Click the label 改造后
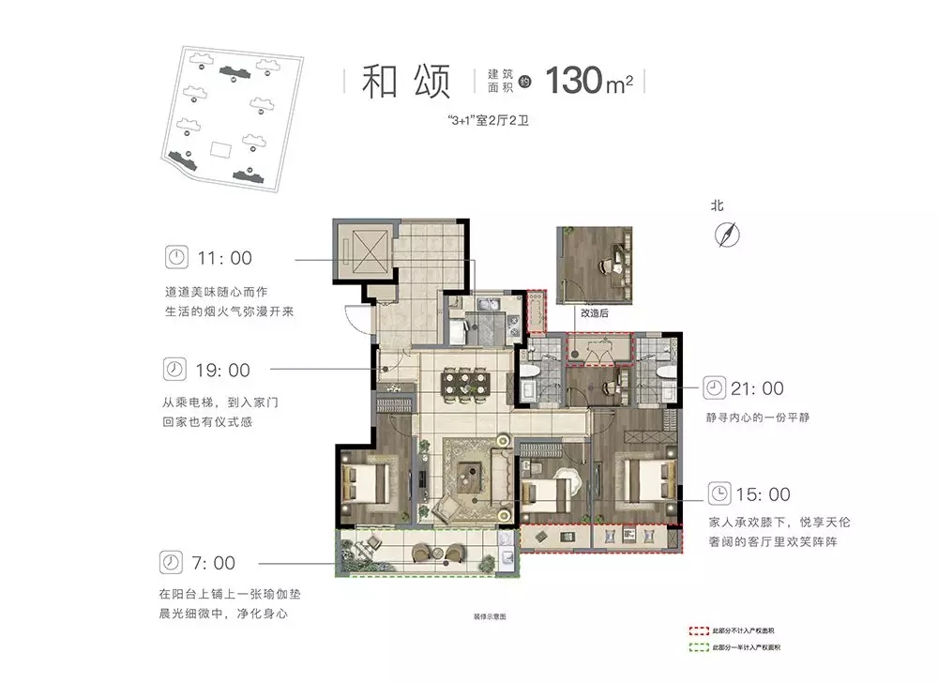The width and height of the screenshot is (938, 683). point(594,314)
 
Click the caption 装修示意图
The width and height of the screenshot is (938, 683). point(490,616)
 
